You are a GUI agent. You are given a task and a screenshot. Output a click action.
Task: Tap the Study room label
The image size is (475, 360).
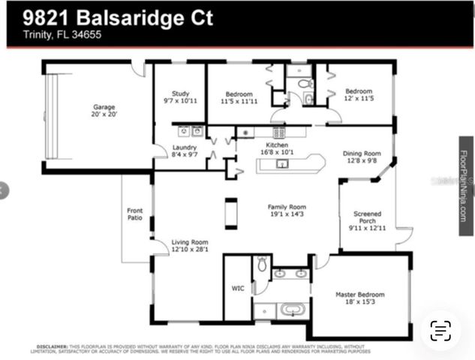pos(179,97)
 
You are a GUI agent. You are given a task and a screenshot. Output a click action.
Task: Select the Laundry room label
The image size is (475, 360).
pos(184,150)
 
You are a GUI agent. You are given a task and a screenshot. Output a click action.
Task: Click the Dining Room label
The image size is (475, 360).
pos(361,155)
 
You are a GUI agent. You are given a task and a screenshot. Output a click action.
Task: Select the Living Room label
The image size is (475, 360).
pos(189,246)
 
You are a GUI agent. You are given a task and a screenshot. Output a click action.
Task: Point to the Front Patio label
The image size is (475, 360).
pos(134,214)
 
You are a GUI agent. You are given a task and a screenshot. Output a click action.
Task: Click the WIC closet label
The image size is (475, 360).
pos(238,287)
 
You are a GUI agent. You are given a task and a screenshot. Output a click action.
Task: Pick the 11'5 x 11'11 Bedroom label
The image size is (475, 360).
pos(239,97)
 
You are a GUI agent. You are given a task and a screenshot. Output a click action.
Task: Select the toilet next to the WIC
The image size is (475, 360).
pos(262,264)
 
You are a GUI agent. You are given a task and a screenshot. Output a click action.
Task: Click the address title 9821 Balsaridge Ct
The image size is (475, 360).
pos(110,18)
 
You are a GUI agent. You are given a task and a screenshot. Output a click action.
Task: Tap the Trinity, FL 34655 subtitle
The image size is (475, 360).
pos(52,35)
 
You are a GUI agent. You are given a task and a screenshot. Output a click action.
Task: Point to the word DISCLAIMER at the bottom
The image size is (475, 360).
pos(52,346)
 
